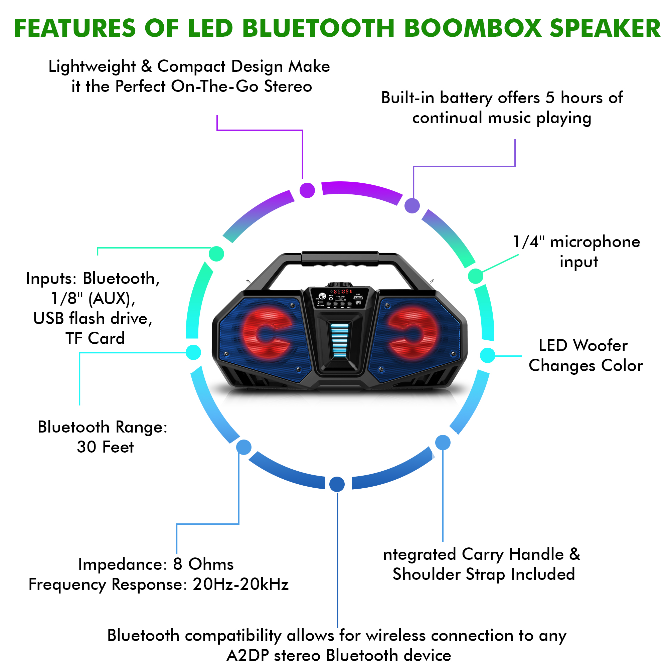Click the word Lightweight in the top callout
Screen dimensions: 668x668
(92, 66)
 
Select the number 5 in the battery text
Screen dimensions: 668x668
(550, 98)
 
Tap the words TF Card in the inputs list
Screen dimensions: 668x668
(95, 338)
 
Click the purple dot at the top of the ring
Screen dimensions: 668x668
(307, 190)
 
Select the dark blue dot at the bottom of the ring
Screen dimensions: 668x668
(337, 484)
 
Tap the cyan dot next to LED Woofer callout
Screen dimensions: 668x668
(488, 355)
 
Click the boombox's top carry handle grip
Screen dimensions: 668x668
(340, 259)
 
